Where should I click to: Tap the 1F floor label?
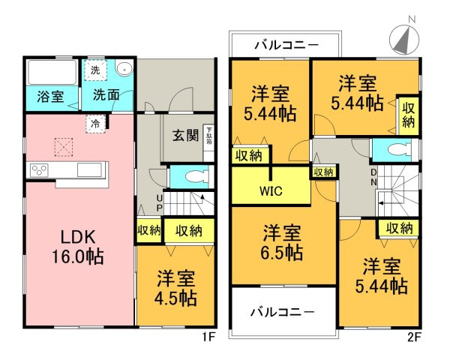click(209, 337)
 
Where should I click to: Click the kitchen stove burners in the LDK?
click(38, 170)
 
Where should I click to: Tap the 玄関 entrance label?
click(185, 136)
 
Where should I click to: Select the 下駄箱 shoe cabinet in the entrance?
click(209, 136)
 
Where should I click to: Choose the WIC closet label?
click(271, 190)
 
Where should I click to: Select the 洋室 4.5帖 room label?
click(176, 287)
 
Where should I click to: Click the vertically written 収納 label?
click(408, 114)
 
